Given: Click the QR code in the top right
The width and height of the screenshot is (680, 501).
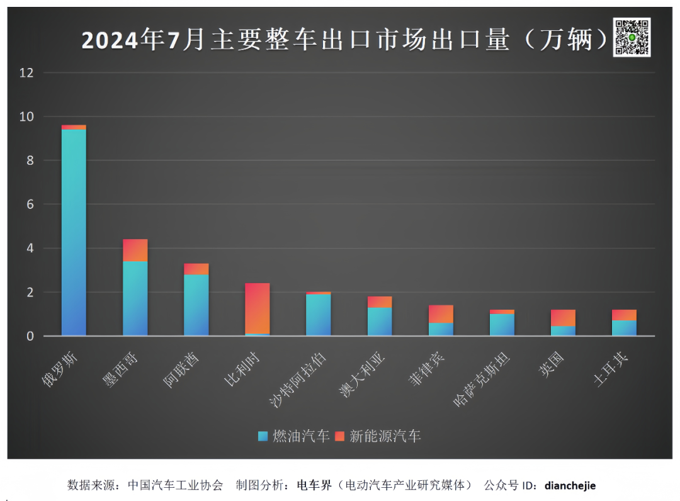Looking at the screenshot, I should tap(632, 37).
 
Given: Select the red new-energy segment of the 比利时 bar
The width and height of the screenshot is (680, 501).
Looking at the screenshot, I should tap(257, 308).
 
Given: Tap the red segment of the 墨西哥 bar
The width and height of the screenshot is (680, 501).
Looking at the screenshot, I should tap(135, 250).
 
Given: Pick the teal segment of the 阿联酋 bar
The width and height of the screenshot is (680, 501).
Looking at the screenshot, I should tap(196, 305).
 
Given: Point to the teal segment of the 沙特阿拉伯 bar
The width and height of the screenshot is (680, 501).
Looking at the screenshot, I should tap(318, 315).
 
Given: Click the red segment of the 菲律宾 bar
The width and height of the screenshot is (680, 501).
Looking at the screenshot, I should tap(441, 314).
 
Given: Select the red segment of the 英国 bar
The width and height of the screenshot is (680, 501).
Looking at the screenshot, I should tap(563, 318).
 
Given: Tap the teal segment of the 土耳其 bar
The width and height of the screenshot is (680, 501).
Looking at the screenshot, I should tap(624, 328).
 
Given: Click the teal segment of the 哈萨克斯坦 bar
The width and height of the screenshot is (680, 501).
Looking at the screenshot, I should tap(502, 325).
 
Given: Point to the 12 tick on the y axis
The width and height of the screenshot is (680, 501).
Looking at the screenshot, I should tap(26, 73).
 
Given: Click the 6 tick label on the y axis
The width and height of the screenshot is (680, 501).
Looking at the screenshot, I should tap(30, 205).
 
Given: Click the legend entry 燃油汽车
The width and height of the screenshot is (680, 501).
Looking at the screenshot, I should tap(295, 436).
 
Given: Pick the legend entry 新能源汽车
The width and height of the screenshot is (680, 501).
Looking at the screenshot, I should tap(378, 436).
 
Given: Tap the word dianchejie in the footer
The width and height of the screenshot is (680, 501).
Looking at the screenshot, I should tap(570, 485).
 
